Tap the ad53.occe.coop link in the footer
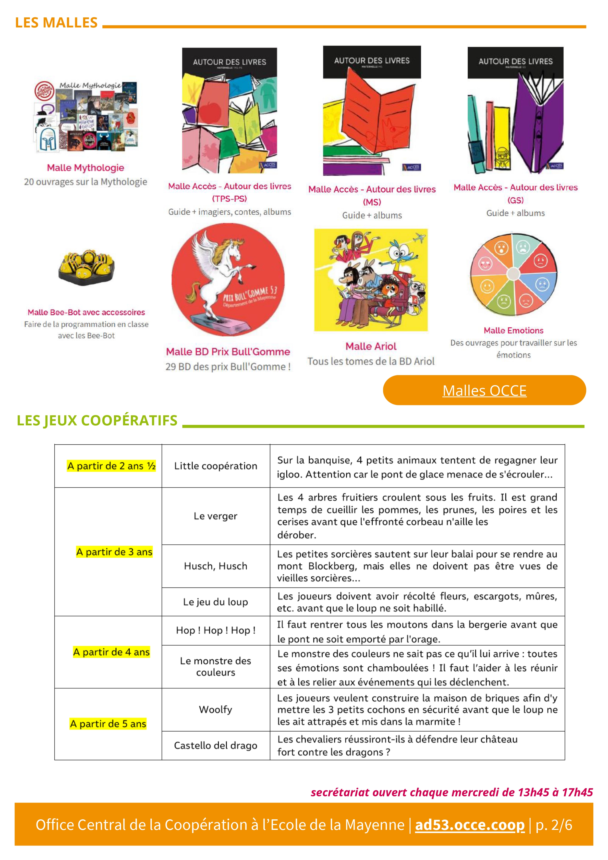pos(470,825)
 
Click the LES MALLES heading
pos(56,23)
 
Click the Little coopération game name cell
pos(216,466)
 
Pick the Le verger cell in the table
pos(216,516)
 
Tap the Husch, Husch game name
pos(216,566)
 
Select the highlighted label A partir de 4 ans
pos(111,652)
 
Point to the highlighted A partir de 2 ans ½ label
pos(111,466)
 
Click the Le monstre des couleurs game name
pos(216,666)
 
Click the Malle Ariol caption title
pos(371,346)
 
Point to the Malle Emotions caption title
pos(513,330)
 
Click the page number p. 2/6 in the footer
pos(554,825)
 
